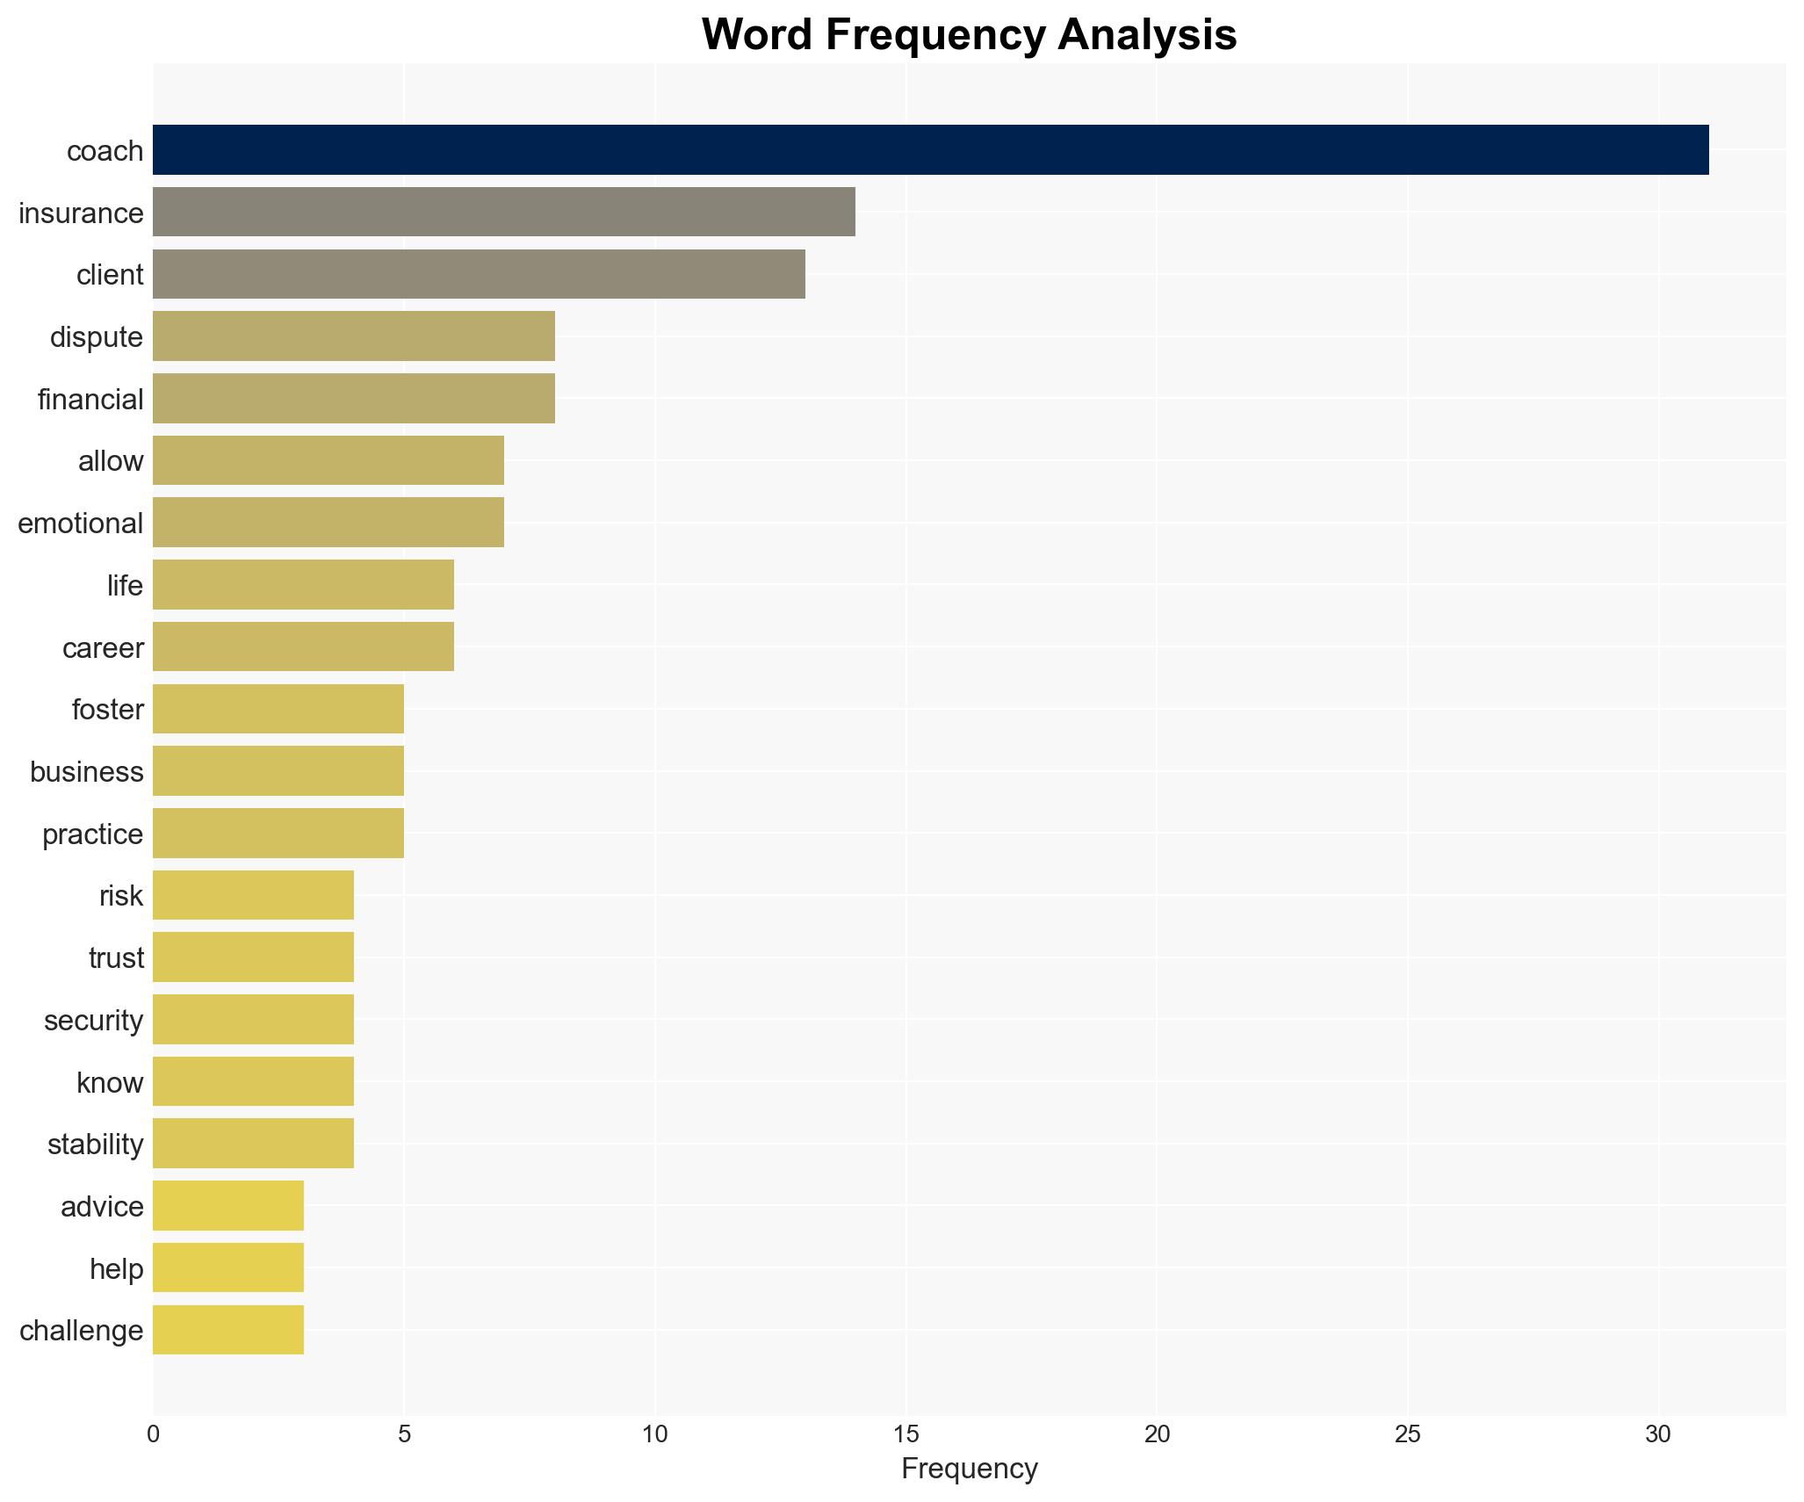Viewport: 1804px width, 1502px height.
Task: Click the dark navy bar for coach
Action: point(930,150)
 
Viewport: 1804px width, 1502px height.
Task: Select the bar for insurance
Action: point(503,212)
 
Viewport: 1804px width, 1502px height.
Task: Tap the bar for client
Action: point(479,274)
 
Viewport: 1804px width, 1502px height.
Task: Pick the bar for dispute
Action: point(353,336)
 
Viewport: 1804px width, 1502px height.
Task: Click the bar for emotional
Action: point(328,523)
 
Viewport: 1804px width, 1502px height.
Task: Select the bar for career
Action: point(303,646)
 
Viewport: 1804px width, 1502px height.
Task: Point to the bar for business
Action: point(278,771)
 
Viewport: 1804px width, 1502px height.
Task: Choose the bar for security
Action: point(253,1019)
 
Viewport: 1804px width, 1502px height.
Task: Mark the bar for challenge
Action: point(227,1330)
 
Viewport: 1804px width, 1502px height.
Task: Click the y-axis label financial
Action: point(90,400)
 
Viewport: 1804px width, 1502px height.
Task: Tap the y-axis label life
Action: point(125,586)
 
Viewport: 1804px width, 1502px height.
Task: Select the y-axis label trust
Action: point(116,958)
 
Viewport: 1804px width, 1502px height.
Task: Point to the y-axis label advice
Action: point(102,1207)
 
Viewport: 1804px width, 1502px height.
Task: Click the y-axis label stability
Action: point(95,1145)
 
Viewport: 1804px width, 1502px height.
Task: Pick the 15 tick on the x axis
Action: point(906,1434)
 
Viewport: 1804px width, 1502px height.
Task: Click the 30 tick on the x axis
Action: point(1657,1434)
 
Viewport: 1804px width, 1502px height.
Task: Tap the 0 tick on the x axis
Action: point(154,1434)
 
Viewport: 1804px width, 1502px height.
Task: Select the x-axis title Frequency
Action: point(969,1469)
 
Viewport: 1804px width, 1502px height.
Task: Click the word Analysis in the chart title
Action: point(1147,35)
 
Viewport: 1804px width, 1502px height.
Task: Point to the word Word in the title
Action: point(756,35)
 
